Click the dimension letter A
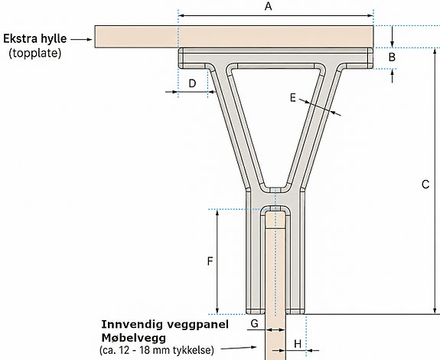pos(269,6)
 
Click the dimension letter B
pos(392,57)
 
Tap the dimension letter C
pos(425,185)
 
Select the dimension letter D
pos(192,83)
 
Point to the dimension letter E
pos(293,98)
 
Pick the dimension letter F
pos(210,261)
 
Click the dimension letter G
pos(254,323)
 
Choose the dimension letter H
pos(298,344)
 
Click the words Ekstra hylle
pos(34,39)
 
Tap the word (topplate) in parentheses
pos(35,53)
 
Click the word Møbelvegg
pos(134,338)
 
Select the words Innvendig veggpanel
pos(165,324)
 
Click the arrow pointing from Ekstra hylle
pos(81,40)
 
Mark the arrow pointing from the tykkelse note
pos(239,349)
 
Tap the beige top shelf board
pos(234,37)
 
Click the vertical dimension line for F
pos(217,261)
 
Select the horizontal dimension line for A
pos(275,16)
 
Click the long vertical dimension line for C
pos(435,181)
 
